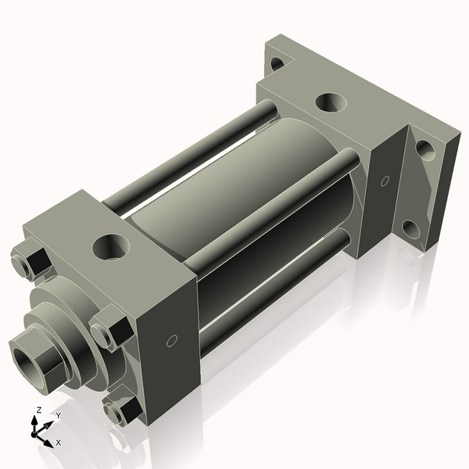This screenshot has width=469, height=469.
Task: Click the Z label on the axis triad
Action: [38, 410]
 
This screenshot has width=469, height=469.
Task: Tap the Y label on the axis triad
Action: [58, 415]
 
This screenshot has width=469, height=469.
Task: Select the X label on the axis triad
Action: [58, 442]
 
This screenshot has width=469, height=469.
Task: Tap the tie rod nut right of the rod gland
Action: [109, 329]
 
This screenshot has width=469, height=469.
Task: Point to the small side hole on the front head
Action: [172, 342]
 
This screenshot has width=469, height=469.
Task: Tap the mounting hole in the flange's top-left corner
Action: [277, 63]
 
